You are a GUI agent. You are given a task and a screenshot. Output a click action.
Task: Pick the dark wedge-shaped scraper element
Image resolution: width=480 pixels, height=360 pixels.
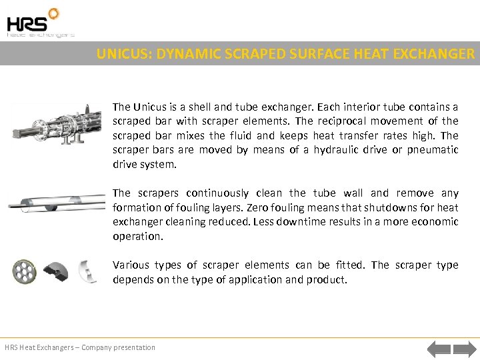point(55,272)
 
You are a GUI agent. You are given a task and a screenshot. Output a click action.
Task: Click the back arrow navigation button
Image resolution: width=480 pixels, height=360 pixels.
point(439,348)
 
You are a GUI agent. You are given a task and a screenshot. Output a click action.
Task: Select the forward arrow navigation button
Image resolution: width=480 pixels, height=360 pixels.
point(464,348)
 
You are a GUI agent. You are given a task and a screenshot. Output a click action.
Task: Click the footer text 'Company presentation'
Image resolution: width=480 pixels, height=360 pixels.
point(118,347)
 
